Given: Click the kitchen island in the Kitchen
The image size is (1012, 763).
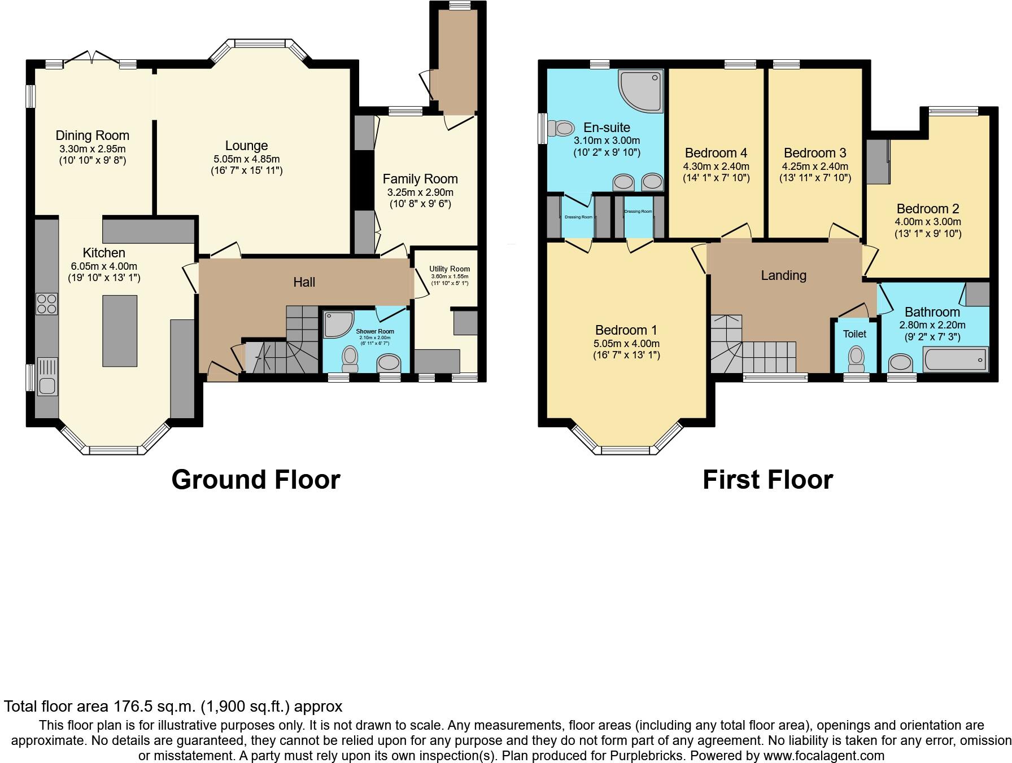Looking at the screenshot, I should pyautogui.click(x=120, y=331).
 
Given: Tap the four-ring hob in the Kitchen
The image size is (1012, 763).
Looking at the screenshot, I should pyautogui.click(x=46, y=304).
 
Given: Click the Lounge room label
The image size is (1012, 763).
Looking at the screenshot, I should pyautogui.click(x=246, y=146).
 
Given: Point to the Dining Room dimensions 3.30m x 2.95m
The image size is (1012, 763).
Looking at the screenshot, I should pyautogui.click(x=92, y=150).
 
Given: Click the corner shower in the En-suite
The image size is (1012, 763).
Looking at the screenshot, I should pyautogui.click(x=642, y=90).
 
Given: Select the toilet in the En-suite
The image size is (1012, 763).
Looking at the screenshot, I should pyautogui.click(x=559, y=129).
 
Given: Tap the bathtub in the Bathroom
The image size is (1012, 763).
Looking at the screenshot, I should pyautogui.click(x=955, y=359).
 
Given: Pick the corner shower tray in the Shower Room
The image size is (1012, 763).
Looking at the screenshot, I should pyautogui.click(x=338, y=323).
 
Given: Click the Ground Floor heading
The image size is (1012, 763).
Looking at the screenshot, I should pyautogui.click(x=255, y=480).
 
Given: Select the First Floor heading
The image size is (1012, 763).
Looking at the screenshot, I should pyautogui.click(x=767, y=480).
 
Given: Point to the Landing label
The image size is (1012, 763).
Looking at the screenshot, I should pyautogui.click(x=783, y=275).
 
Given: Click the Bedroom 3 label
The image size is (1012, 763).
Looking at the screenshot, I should pyautogui.click(x=815, y=153).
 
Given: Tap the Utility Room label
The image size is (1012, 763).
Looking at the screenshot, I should pyautogui.click(x=449, y=269).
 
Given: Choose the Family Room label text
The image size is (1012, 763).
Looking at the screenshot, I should pyautogui.click(x=420, y=179).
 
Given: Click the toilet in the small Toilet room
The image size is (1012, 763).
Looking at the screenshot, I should pyautogui.click(x=857, y=357).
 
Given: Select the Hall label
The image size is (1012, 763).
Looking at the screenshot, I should pyautogui.click(x=304, y=282).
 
